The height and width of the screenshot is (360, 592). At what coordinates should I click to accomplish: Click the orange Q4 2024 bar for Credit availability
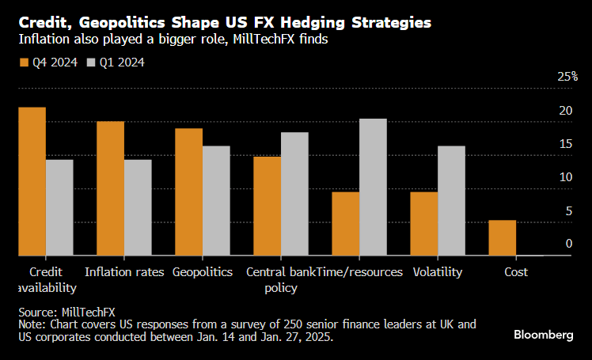pyautogui.click(x=32, y=181)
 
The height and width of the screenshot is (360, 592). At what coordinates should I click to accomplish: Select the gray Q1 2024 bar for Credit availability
pyautogui.click(x=59, y=207)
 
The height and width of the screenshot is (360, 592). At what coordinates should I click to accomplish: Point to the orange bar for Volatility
pyautogui.click(x=423, y=224)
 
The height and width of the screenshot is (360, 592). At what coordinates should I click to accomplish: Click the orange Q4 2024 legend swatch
pyautogui.click(x=23, y=62)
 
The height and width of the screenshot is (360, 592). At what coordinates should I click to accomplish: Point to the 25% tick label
pyautogui.click(x=567, y=77)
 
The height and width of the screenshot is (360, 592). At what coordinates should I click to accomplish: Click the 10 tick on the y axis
pyautogui.click(x=565, y=177)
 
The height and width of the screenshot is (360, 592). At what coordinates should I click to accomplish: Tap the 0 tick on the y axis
pyautogui.click(x=568, y=244)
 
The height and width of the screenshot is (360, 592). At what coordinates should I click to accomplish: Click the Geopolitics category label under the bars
pyautogui.click(x=203, y=272)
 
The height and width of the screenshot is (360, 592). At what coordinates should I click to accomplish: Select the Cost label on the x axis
pyautogui.click(x=516, y=272)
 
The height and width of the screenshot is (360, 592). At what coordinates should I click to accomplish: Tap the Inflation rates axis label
pyautogui.click(x=124, y=272)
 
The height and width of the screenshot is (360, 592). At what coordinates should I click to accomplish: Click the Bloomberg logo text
pyautogui.click(x=544, y=335)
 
